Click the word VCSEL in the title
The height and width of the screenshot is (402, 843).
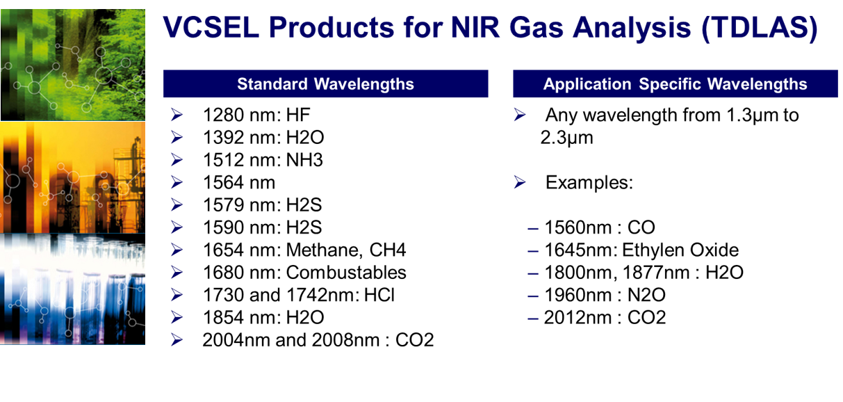coord(211,27)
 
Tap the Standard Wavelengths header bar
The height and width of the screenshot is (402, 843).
coord(325,83)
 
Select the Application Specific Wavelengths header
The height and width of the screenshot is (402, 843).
coord(675,83)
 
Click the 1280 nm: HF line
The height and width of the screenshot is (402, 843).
coord(256,115)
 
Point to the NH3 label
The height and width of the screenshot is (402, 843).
coord(304,160)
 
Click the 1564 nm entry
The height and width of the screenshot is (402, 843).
coord(239,182)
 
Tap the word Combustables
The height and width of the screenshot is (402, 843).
coord(346,273)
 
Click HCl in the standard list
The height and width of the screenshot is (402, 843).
coord(379,295)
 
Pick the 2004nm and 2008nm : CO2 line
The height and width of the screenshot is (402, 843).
coord(318,340)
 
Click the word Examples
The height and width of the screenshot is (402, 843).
coord(589,183)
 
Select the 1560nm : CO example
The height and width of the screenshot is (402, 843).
coord(600,227)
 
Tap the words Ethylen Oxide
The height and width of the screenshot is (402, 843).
coord(680,250)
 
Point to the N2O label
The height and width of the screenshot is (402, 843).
coord(646,295)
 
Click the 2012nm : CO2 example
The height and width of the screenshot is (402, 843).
coord(605,318)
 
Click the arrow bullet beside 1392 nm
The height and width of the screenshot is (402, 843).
coord(177,137)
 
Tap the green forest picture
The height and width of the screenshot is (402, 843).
coord(73,65)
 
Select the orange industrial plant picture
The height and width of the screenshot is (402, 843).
coord(73,177)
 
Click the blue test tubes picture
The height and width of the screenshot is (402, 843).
coord(73,289)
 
